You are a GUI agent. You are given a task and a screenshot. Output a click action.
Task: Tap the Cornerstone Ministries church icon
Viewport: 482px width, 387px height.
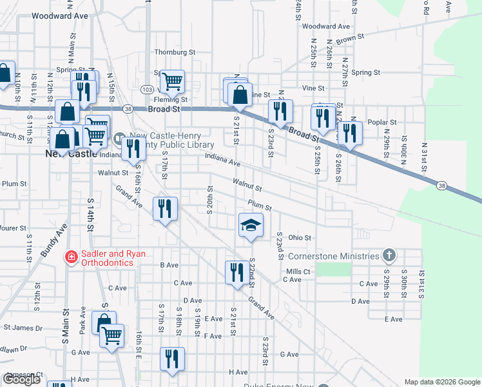pyautogui.click(x=389, y=255)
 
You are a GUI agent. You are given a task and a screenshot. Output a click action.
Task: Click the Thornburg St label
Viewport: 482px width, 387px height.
pyautogui.click(x=175, y=52)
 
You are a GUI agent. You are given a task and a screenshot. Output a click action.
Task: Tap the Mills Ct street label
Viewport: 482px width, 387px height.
pyautogui.click(x=298, y=272)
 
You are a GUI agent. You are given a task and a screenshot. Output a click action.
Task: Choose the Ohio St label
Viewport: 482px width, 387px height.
pyautogui.click(x=300, y=237)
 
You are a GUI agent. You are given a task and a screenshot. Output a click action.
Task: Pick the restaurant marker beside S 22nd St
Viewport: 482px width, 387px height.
pyautogui.click(x=235, y=272)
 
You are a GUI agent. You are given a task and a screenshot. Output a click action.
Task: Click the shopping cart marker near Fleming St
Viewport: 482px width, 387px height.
pyautogui.click(x=173, y=81)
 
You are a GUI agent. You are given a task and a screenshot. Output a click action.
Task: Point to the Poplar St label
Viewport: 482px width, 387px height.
pyautogui.click(x=380, y=121)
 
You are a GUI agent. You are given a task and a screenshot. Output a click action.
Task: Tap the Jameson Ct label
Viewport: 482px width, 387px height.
pyautogui.click(x=23, y=375)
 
